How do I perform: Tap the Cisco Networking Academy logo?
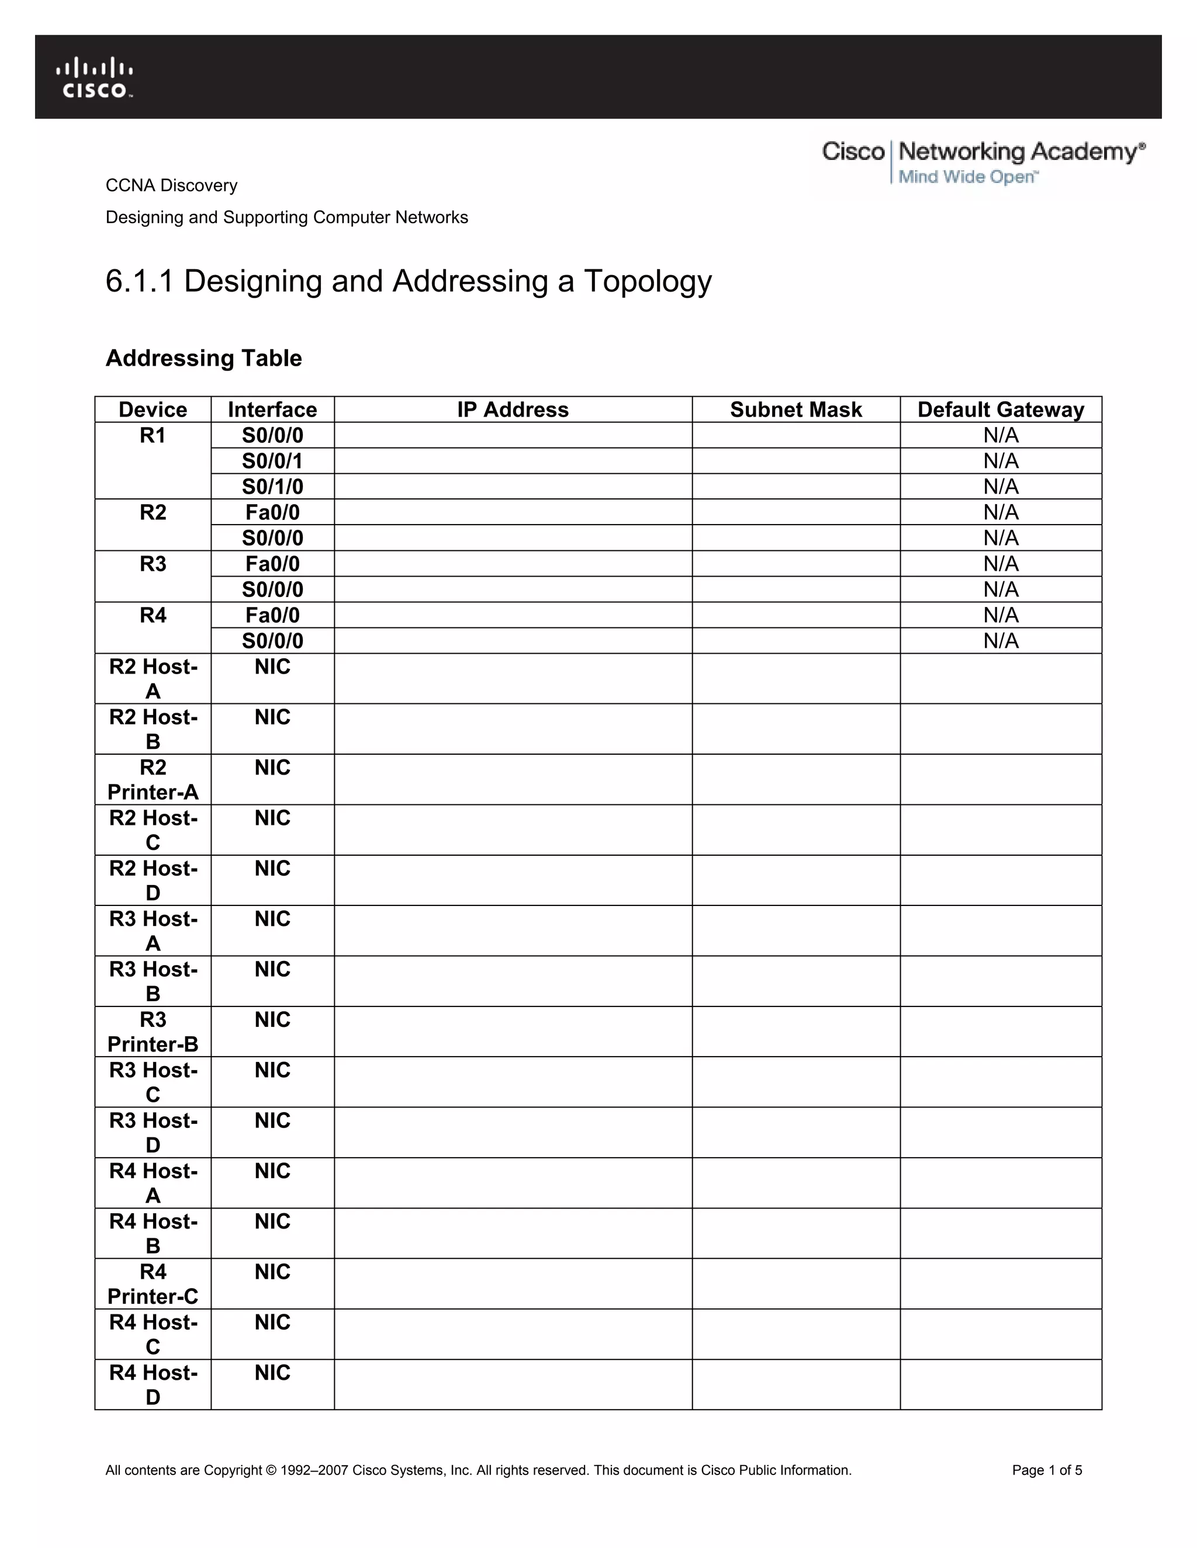pyautogui.click(x=983, y=162)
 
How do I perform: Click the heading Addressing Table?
pyautogui.click(x=203, y=358)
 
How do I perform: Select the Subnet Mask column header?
pyautogui.click(x=795, y=409)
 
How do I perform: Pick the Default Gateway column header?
pyautogui.click(x=1001, y=409)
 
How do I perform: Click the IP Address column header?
pyautogui.click(x=513, y=409)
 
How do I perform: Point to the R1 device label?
pyautogui.click(x=153, y=435)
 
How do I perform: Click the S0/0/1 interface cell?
pyautogui.click(x=272, y=461)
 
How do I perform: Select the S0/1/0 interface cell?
pyautogui.click(x=272, y=486)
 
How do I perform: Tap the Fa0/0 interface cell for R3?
pyautogui.click(x=272, y=564)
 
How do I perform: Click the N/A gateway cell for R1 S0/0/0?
pyautogui.click(x=1001, y=435)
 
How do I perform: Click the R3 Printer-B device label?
pyautogui.click(x=153, y=1031)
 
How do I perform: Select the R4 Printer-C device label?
pyautogui.click(x=153, y=1283)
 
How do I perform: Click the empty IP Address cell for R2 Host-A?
pyautogui.click(x=513, y=678)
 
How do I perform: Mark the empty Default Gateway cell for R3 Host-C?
pyautogui.click(x=1001, y=1082)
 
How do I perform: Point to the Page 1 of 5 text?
pyautogui.click(x=1047, y=1470)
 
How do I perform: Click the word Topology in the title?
pyautogui.click(x=648, y=282)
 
